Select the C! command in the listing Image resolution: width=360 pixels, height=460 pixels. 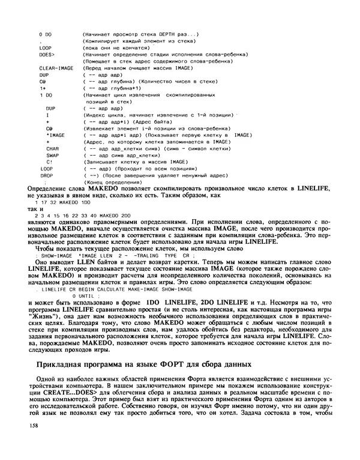click(x=49, y=162)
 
